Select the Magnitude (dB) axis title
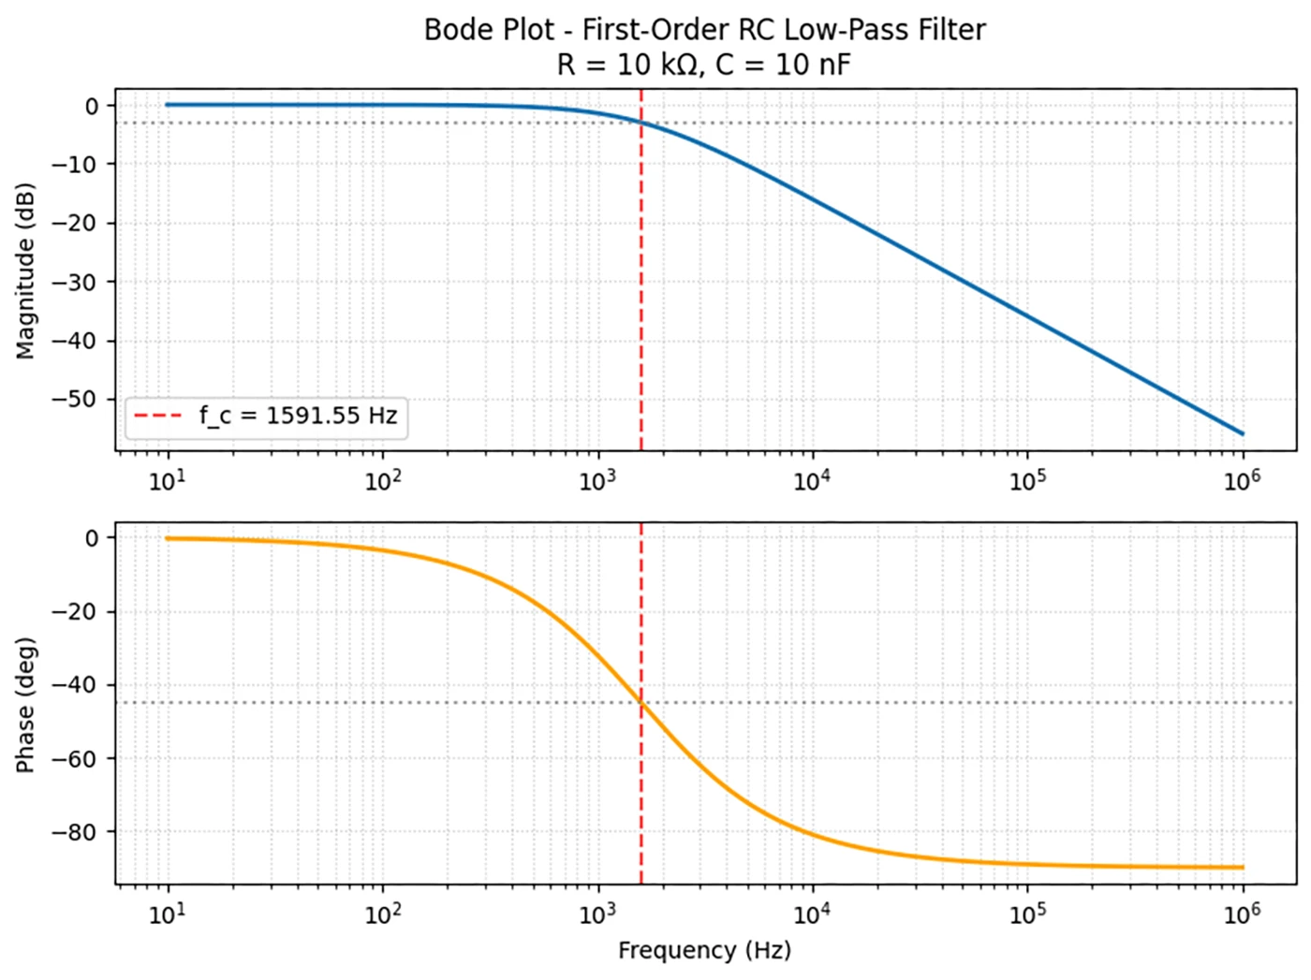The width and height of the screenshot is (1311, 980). coord(25,271)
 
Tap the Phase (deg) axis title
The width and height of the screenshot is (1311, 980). coord(25,705)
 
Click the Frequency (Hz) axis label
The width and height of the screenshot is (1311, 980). coord(704,951)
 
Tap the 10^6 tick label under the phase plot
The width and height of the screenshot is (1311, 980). coord(1242,914)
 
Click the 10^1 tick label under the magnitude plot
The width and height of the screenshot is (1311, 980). coord(168,481)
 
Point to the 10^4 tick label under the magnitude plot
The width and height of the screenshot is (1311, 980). coord(812,481)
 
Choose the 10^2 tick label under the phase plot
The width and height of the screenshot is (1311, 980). coord(382,914)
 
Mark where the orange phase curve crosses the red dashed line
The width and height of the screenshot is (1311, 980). coord(641,702)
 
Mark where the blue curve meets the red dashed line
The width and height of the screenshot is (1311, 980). coord(641,123)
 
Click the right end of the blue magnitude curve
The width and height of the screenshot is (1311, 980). coord(1243,433)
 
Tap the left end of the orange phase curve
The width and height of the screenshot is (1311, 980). coord(168,538)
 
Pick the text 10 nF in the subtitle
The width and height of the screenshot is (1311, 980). coord(813,65)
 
